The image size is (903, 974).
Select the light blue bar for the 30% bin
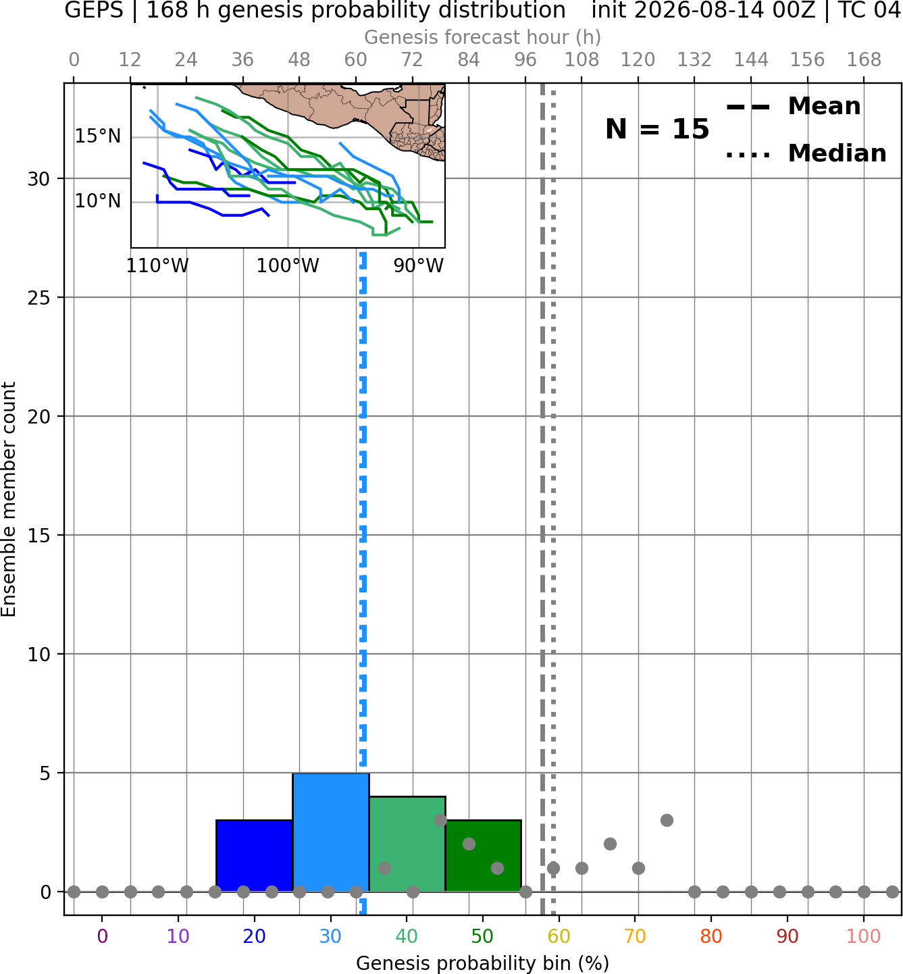coord(331,832)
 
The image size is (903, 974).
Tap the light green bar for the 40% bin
coord(407,844)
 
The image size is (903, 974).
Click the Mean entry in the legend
coord(793,107)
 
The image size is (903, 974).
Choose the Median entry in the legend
coord(806,153)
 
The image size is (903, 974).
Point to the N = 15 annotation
coord(657,130)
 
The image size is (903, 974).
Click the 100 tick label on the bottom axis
coord(864,937)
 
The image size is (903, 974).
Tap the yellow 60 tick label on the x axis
coord(559,937)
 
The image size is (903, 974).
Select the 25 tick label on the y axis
coord(39,298)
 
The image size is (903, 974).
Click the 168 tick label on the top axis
coord(864,60)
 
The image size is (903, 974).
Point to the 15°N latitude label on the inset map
coord(98,136)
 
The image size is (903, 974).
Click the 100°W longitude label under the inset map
coord(288,266)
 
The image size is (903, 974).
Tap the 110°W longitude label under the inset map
coord(157,266)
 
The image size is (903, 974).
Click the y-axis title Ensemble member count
coord(9,499)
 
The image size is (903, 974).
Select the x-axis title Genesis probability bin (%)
coord(483,963)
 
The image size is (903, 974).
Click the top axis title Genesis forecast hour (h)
coord(483,37)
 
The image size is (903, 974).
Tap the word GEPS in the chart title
coord(94,10)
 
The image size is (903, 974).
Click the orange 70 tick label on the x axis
coord(635,937)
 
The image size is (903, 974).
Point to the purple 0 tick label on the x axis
coord(102,937)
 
